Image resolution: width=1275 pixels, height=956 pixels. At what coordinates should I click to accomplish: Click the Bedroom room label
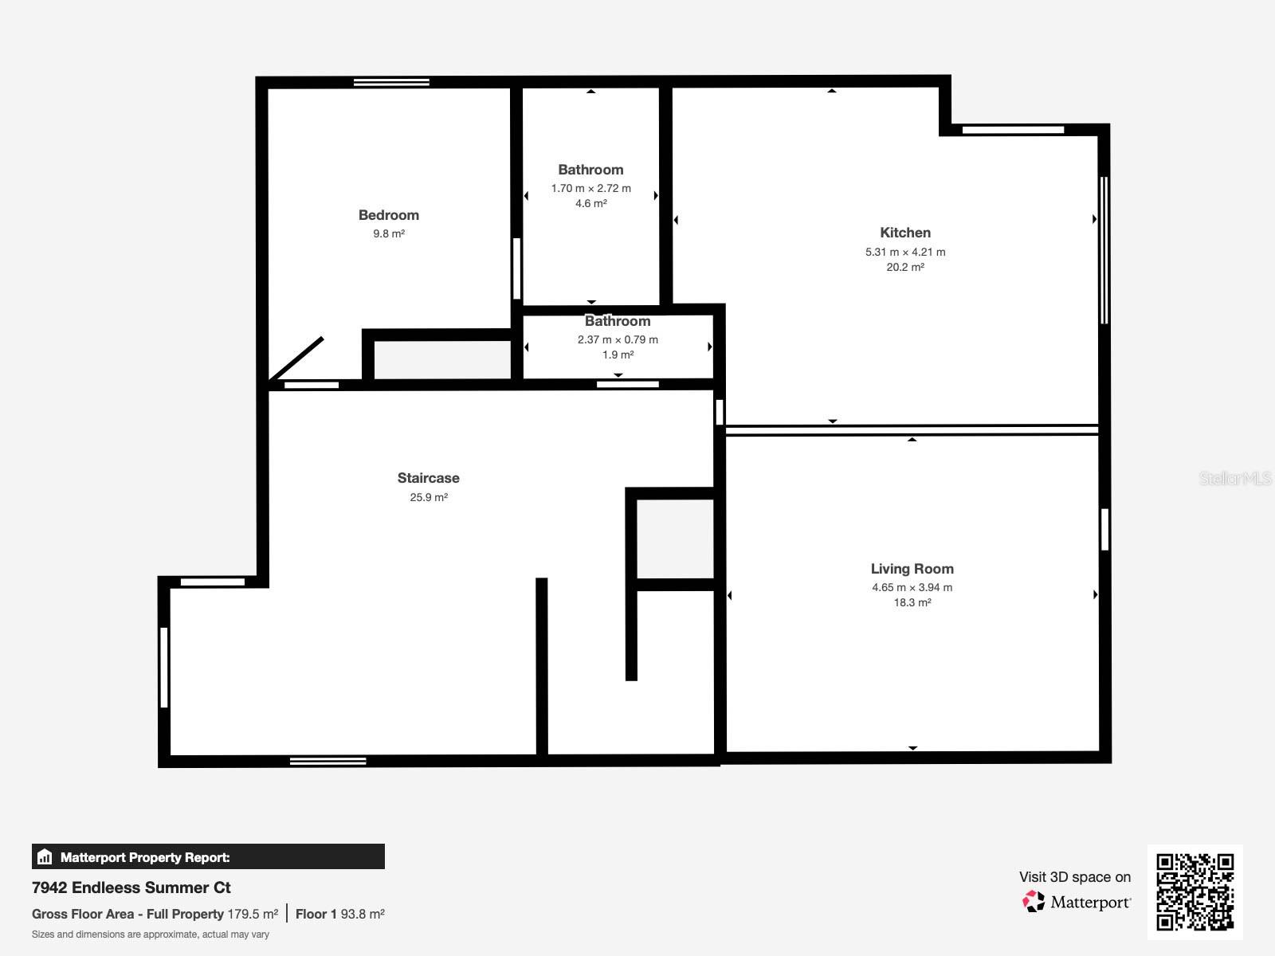point(388,215)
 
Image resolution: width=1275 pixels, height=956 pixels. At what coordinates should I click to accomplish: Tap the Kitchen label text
point(904,233)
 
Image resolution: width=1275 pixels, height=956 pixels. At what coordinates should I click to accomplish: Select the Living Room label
point(912,569)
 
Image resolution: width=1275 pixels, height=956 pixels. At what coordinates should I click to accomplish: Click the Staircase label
point(428,478)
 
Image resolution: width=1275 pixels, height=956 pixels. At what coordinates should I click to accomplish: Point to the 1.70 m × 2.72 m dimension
point(590,189)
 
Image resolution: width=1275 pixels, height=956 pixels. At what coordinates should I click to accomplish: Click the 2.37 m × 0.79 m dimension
point(618,339)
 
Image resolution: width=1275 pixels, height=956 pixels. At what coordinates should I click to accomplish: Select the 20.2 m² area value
point(904,268)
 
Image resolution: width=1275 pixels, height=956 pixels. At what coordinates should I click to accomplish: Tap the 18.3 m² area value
point(912,603)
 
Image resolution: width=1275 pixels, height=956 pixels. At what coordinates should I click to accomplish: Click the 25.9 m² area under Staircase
point(428,498)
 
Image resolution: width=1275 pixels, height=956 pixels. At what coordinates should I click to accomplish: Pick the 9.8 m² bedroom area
point(388,234)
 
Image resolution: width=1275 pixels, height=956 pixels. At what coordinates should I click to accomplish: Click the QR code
point(1195,891)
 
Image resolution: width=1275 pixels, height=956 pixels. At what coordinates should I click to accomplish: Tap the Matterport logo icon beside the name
point(1034,902)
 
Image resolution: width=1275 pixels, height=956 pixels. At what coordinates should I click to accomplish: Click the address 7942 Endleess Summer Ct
point(131,887)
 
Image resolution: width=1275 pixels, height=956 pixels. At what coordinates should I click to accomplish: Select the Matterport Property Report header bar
point(208,857)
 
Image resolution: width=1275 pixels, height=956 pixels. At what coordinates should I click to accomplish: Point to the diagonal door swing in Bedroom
point(296,359)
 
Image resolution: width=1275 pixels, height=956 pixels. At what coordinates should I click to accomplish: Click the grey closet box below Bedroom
point(441,360)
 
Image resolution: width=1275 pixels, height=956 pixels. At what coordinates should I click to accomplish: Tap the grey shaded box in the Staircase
point(674,539)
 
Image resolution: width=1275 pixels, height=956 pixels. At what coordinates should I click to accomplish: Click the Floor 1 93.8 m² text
point(339,915)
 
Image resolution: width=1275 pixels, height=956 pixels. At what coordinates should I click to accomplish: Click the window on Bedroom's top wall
point(391,82)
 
